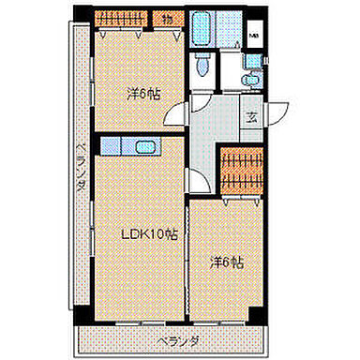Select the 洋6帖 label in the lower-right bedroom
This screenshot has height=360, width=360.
point(227,263)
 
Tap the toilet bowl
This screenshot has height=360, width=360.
point(202,67)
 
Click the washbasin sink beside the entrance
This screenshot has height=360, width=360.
point(250,79)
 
